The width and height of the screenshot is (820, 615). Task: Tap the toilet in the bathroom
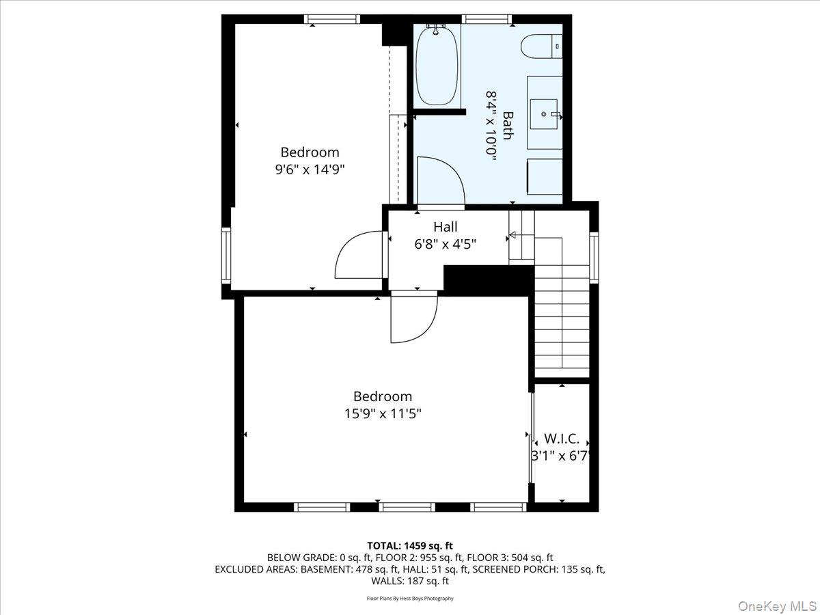(x=540, y=46)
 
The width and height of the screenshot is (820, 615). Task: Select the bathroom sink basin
(x=545, y=113)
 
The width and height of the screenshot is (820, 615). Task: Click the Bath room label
(x=508, y=125)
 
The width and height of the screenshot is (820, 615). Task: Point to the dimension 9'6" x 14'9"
(x=310, y=169)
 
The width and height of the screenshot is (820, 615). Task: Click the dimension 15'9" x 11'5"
(x=382, y=413)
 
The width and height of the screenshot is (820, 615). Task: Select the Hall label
(x=445, y=227)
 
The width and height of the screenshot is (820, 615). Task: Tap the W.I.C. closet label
(x=561, y=439)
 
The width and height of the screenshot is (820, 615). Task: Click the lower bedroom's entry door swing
(x=413, y=320)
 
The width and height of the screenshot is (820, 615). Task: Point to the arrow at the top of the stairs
(x=512, y=236)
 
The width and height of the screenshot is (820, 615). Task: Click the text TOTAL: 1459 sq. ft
(x=409, y=545)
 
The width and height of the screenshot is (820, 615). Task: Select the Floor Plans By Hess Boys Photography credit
(x=409, y=599)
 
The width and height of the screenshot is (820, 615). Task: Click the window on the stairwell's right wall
(x=593, y=257)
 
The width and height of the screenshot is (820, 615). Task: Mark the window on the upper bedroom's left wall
(x=226, y=256)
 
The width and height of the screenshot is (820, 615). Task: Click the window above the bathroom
(x=487, y=18)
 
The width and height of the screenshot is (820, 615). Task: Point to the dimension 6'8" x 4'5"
(x=445, y=244)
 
